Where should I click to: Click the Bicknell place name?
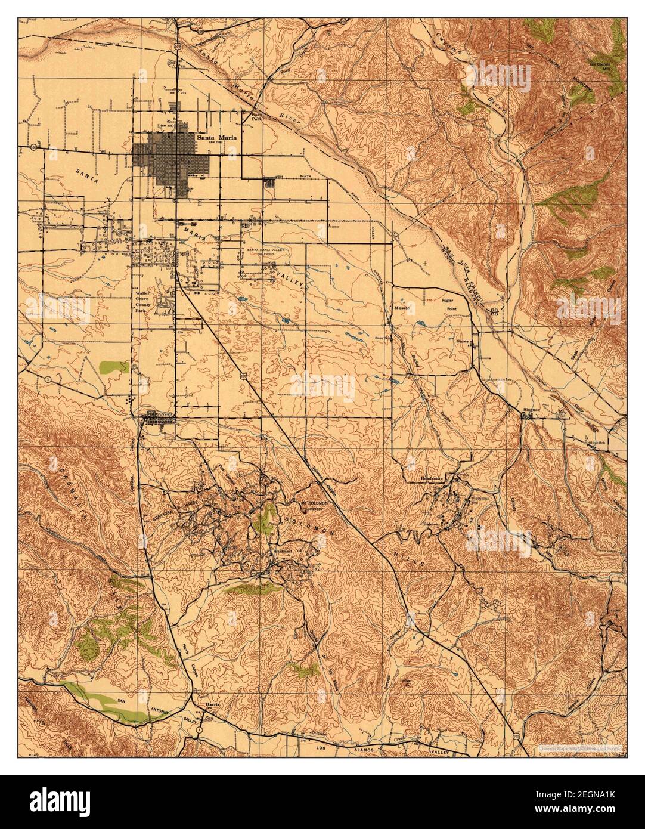tap(283, 552)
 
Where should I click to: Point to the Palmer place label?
tap(448, 524)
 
